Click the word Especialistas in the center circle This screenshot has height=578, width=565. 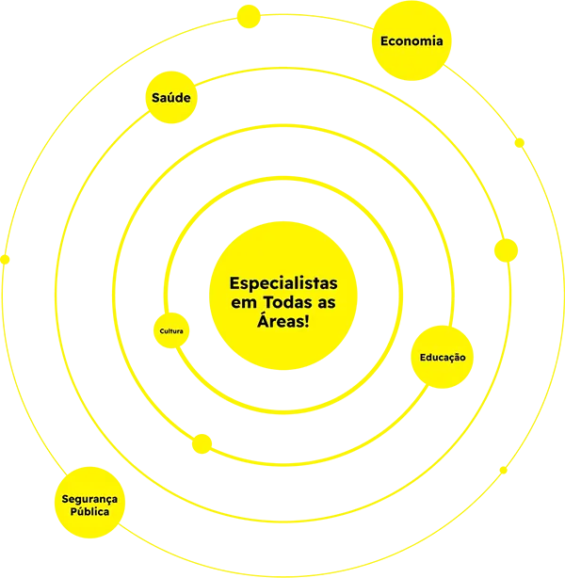coord(283,284)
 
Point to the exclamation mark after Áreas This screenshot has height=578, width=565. coord(306,321)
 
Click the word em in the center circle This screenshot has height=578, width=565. coord(244,304)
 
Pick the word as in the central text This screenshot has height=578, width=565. coord(327,304)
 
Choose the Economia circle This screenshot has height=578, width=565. coord(412,40)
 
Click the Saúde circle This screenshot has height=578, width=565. coord(171,97)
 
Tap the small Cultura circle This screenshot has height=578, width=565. coord(171,330)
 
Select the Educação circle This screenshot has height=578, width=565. coord(443,357)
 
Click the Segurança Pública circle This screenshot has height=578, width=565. coord(89,503)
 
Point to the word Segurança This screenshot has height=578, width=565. coord(89,500)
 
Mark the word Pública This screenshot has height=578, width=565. coord(89,512)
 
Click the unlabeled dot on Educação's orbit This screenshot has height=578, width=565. coord(202,443)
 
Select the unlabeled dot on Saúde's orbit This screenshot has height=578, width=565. coord(506,250)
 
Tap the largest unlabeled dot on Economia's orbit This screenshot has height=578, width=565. coord(249,17)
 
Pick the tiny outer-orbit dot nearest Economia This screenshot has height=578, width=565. coord(519,143)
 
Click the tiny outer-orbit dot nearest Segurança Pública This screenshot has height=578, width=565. coord(5,260)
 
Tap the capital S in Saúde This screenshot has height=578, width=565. coord(156,98)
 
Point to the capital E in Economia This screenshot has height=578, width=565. coord(385,40)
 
